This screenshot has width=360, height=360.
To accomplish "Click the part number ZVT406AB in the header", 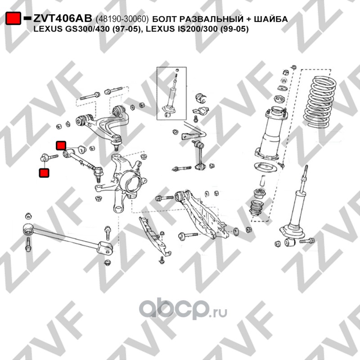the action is point(63,18).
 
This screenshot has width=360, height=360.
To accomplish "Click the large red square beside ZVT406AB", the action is point(13,18).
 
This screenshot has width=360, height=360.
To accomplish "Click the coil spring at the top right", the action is point(320,102).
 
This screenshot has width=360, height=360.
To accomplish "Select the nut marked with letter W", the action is point(284,81).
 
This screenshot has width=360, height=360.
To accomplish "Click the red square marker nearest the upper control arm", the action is point(61,145).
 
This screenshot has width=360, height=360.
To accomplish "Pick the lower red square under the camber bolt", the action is point(44,173).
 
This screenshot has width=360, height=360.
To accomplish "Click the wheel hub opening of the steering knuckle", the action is point(131,182).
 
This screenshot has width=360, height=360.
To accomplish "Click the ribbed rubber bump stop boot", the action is point(256,208).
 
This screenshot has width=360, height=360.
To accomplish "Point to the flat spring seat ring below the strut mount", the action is point(265,167).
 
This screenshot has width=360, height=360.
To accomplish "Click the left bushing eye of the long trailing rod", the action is point(28,229).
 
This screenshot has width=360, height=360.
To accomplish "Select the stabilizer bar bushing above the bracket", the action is point(201,98).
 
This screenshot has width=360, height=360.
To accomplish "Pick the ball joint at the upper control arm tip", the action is point(117,141).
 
